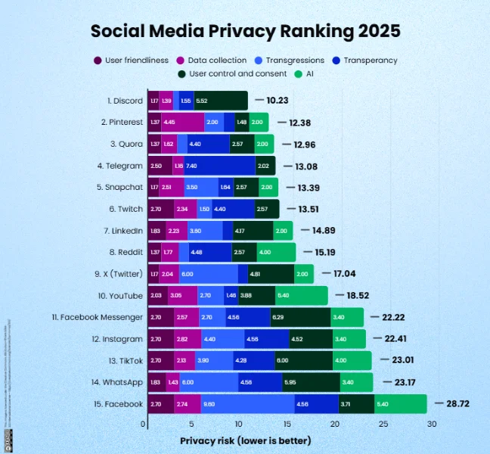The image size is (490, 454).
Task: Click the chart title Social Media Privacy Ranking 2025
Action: tap(245, 32)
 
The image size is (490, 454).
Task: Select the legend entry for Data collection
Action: tap(217, 61)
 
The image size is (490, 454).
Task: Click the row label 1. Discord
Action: tap(124, 100)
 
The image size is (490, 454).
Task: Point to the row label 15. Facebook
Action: tap(119, 404)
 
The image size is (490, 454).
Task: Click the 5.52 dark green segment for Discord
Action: tap(221, 100)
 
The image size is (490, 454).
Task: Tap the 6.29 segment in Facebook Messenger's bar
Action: tap(300, 317)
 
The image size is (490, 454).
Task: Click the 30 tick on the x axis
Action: tap(432, 424)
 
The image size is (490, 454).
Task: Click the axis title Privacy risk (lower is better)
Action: tap(245, 440)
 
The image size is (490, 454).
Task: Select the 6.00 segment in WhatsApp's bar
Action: tap(209, 382)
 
